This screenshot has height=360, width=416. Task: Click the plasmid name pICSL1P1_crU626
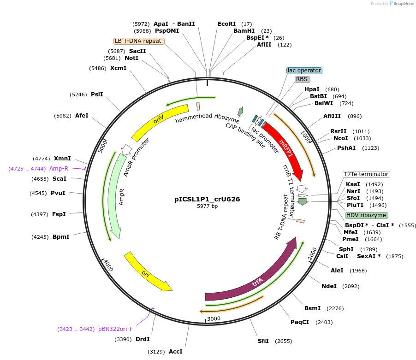[207, 200]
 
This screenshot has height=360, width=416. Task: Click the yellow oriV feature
[159, 121]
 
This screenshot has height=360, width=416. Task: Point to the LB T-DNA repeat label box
[139, 41]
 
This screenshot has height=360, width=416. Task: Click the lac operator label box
[304, 71]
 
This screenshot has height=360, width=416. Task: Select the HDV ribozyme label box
[366, 215]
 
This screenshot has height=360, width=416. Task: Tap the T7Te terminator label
[366, 174]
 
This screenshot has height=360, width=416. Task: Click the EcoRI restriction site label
[226, 24]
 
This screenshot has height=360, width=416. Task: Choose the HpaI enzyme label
[312, 89]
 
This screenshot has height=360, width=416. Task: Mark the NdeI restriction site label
[329, 286]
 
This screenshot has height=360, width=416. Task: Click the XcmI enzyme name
[118, 68]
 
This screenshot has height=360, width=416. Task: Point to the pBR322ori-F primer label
[115, 329]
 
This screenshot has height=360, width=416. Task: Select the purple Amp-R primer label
[59, 169]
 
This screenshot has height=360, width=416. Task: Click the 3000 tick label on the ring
[214, 319]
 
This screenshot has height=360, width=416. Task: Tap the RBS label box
[302, 79]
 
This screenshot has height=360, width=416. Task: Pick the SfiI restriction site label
[263, 341]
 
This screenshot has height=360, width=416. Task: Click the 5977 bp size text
[207, 206]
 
